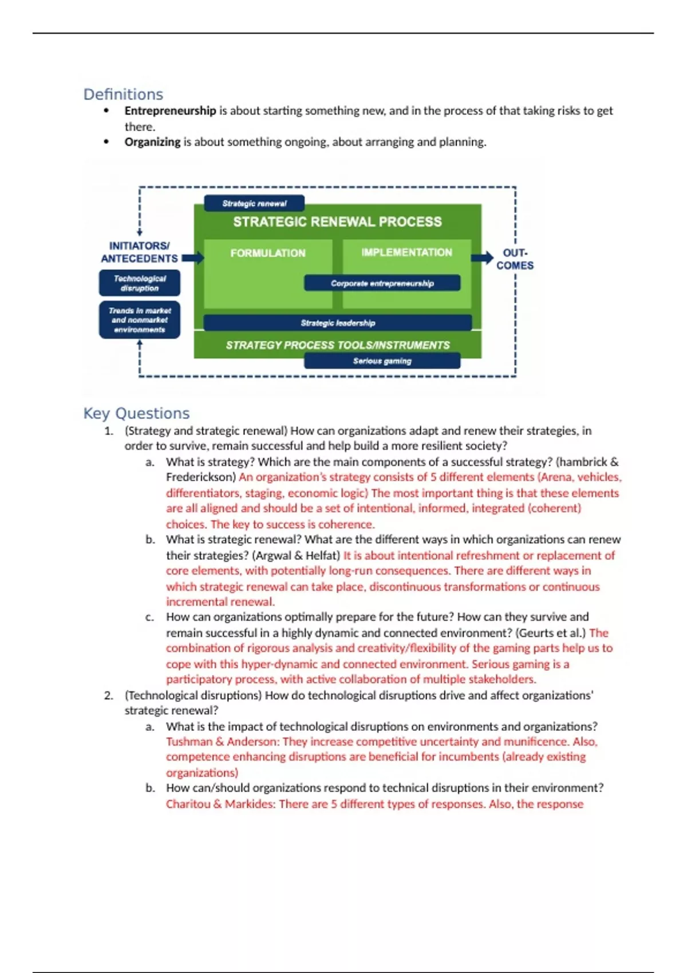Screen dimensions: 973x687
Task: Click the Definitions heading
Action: pyautogui.click(x=123, y=94)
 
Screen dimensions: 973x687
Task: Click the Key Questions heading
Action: pyautogui.click(x=136, y=413)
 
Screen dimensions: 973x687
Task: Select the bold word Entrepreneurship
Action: pyautogui.click(x=170, y=110)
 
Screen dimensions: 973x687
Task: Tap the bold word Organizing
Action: pyautogui.click(x=152, y=142)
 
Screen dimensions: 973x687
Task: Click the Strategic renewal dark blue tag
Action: pyautogui.click(x=254, y=203)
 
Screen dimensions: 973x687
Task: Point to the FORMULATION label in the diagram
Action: pyautogui.click(x=268, y=253)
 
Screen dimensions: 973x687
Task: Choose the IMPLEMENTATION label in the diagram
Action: pyautogui.click(x=406, y=252)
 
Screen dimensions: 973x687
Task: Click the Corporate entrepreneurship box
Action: pyautogui.click(x=382, y=283)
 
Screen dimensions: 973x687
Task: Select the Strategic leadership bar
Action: pyautogui.click(x=338, y=323)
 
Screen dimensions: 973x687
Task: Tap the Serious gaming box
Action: pyautogui.click(x=382, y=361)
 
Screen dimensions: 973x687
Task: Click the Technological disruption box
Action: pyautogui.click(x=140, y=283)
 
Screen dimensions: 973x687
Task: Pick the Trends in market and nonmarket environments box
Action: pyautogui.click(x=140, y=320)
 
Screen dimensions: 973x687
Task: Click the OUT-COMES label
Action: pyautogui.click(x=515, y=259)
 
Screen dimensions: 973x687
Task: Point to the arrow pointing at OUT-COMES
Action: pyautogui.click(x=482, y=258)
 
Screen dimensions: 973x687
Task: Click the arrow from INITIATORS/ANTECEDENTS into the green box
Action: pyautogui.click(x=193, y=258)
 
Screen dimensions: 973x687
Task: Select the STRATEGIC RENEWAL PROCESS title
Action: pyautogui.click(x=337, y=222)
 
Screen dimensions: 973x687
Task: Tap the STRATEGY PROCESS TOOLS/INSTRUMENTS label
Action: pyautogui.click(x=338, y=345)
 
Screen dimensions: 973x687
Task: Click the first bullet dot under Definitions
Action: pyautogui.click(x=106, y=111)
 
